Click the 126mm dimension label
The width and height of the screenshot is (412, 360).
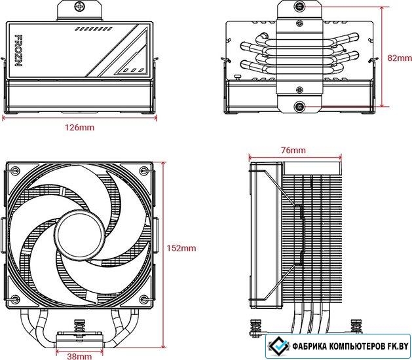pyautogui.click(x=80, y=128)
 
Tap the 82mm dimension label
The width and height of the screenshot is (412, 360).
pyautogui.click(x=400, y=58)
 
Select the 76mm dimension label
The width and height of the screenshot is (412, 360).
pyautogui.click(x=293, y=151)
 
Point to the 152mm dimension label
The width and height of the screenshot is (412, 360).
pyautogui.click(x=181, y=248)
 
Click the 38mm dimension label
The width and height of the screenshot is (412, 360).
pyautogui.click(x=79, y=356)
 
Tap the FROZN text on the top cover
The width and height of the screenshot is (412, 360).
pyautogui.click(x=18, y=50)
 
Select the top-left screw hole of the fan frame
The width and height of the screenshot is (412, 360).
pyautogui.click(x=14, y=170)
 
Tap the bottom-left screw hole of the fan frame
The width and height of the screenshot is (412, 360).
pyautogui.click(x=14, y=299)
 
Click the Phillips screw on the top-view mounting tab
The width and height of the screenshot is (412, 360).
pyautogui.click(x=79, y=5)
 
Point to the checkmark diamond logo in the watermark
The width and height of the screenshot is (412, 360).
pyautogui.click(x=279, y=346)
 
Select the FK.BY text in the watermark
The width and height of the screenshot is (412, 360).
pyautogui.click(x=399, y=346)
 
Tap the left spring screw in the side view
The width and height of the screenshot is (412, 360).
pyautogui.click(x=255, y=327)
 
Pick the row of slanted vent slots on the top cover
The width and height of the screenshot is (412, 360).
pyautogui.click(x=94, y=29)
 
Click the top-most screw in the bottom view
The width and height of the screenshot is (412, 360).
pyautogui.click(x=299, y=5)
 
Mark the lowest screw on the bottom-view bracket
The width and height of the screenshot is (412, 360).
pyautogui.click(x=299, y=107)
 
